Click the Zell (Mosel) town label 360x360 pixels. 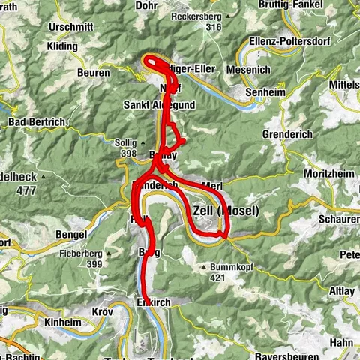[x=226, y=211]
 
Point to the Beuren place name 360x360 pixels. [x=93, y=73]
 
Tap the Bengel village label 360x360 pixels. [x=72, y=235]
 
